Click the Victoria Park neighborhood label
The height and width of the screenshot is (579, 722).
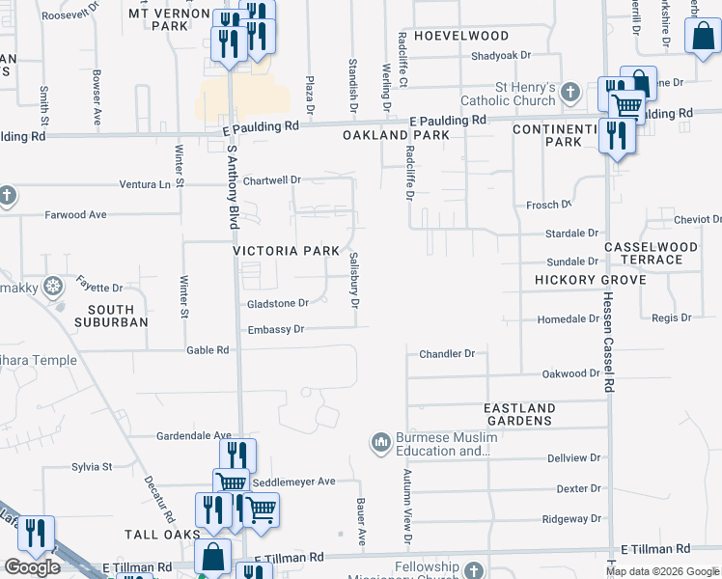[x=286, y=251]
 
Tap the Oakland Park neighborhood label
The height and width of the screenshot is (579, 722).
[x=396, y=136]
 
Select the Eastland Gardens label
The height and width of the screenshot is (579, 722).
[x=519, y=414]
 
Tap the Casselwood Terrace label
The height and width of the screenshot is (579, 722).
[x=651, y=253]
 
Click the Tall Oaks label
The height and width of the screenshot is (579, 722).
[x=161, y=534]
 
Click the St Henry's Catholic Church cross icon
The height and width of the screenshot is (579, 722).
[x=570, y=93]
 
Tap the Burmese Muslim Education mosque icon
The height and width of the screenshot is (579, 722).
[x=380, y=443]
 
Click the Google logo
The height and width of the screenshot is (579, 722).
[x=32, y=567]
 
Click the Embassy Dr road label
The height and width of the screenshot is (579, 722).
[x=276, y=329]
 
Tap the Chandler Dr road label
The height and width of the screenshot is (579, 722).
[x=447, y=354]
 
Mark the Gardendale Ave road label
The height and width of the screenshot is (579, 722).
[x=194, y=436]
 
